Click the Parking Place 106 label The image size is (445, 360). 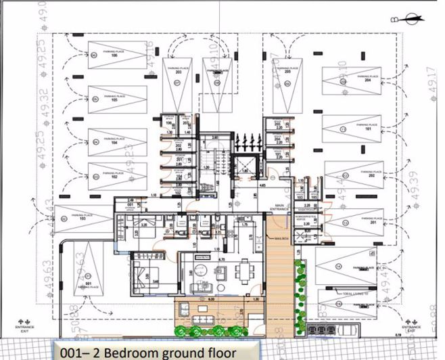[114, 53]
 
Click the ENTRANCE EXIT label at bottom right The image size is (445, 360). [415, 328]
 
